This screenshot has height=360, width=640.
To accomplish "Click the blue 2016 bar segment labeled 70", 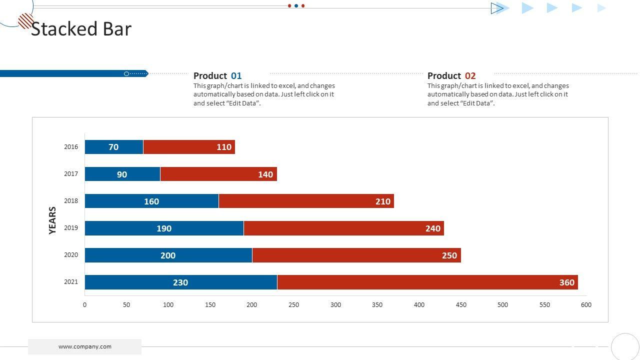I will (x=114, y=147).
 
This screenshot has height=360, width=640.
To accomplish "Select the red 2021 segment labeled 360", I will (x=427, y=282).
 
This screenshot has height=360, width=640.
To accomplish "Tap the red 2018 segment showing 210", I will (x=306, y=201).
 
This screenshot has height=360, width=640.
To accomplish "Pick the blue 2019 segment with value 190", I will (x=164, y=228).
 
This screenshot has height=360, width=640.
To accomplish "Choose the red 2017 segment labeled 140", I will (x=218, y=174).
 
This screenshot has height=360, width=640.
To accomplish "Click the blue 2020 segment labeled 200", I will (x=168, y=255).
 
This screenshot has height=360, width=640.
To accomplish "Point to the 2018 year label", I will (x=71, y=201).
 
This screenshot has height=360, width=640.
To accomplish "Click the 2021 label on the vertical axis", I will (x=71, y=282).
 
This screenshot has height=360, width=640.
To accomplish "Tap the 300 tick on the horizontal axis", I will (x=335, y=305).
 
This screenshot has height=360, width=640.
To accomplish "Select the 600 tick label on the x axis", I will (x=586, y=305).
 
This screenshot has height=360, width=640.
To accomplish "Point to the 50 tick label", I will (x=126, y=305).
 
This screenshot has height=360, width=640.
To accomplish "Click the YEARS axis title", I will (x=52, y=220).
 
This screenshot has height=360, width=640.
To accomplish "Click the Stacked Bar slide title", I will (x=81, y=29).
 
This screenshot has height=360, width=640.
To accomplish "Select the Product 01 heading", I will (x=217, y=76).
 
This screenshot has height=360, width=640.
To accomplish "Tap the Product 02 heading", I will (x=451, y=76).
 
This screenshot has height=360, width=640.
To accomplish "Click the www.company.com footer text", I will (x=85, y=346).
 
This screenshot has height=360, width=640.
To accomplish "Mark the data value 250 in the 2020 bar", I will (x=449, y=255).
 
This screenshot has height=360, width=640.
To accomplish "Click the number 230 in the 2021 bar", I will (x=180, y=282).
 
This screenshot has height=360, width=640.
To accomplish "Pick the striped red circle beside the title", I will (x=25, y=21).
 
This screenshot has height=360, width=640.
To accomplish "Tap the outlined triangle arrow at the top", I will (x=497, y=8).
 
